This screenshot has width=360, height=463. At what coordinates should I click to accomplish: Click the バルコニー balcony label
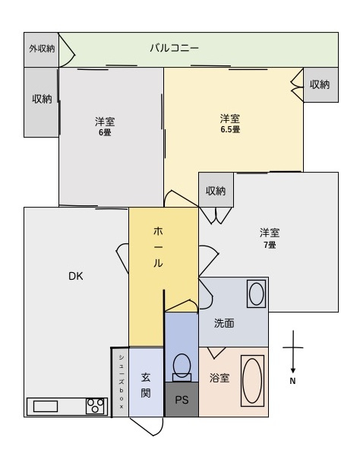175,48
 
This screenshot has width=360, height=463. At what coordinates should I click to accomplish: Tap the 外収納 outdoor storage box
41,49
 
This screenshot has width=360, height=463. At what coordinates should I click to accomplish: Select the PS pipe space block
182,399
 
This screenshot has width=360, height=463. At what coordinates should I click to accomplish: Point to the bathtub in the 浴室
252,381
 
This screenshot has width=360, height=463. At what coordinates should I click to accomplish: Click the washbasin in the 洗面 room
256,293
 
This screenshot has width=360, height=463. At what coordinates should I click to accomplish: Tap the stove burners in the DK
95,406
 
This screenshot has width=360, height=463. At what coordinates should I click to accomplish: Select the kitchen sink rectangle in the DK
46,406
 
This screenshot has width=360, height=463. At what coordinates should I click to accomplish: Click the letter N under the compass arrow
292,381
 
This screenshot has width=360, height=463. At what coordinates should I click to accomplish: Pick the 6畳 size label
105,132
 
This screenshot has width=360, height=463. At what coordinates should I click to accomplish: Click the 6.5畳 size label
230,129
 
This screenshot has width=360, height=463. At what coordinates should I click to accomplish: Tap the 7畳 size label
270,245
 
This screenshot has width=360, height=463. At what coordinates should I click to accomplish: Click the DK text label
75,276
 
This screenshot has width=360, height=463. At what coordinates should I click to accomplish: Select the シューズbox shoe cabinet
121,382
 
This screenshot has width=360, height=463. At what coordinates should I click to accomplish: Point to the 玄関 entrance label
146,385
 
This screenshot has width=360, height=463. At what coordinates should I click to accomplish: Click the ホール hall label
158,247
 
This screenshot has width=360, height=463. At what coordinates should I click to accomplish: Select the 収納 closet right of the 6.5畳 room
321,84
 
